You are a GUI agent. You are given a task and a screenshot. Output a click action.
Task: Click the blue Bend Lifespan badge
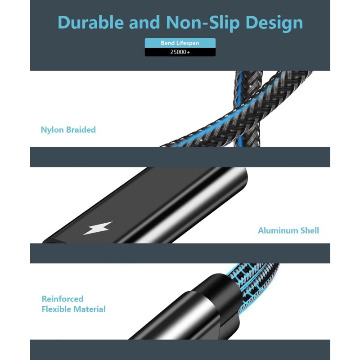click(x=180, y=43)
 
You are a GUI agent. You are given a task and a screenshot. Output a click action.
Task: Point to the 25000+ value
click(x=180, y=52)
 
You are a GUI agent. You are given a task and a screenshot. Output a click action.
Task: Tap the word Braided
click(x=81, y=130)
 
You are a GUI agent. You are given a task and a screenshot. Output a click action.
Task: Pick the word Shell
click(x=310, y=230)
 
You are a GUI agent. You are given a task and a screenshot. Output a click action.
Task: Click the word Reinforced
click(x=63, y=299)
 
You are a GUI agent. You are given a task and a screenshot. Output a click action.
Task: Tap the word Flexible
click(x=57, y=309)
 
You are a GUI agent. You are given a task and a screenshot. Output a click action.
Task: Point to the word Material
click(x=90, y=309)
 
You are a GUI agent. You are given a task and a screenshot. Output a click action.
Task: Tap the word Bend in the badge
click(x=167, y=43)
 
